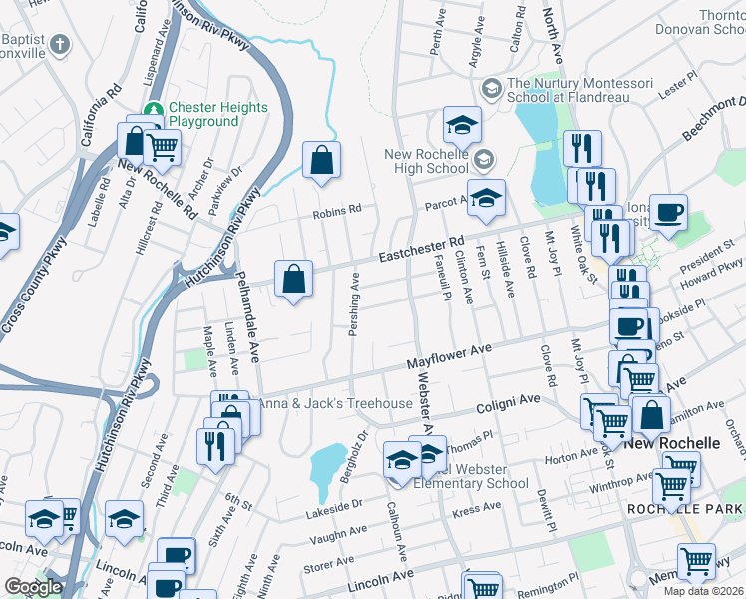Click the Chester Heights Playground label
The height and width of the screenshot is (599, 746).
click(x=217, y=114)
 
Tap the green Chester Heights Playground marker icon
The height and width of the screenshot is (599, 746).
click(x=154, y=108)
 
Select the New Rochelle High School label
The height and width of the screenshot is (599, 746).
click(x=426, y=161)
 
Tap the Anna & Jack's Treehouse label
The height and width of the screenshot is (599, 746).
click(x=336, y=403)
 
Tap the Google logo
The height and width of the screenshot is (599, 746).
click(x=33, y=587)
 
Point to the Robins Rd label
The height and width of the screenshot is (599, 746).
click(x=336, y=211)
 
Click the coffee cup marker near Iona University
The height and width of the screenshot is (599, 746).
click(x=669, y=212)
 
